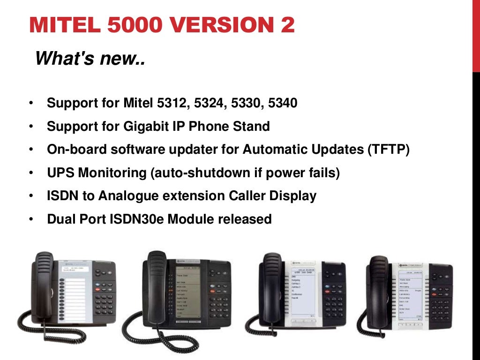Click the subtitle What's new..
pyautogui.click(x=90, y=59)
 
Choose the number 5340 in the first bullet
pyautogui.click(x=283, y=103)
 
